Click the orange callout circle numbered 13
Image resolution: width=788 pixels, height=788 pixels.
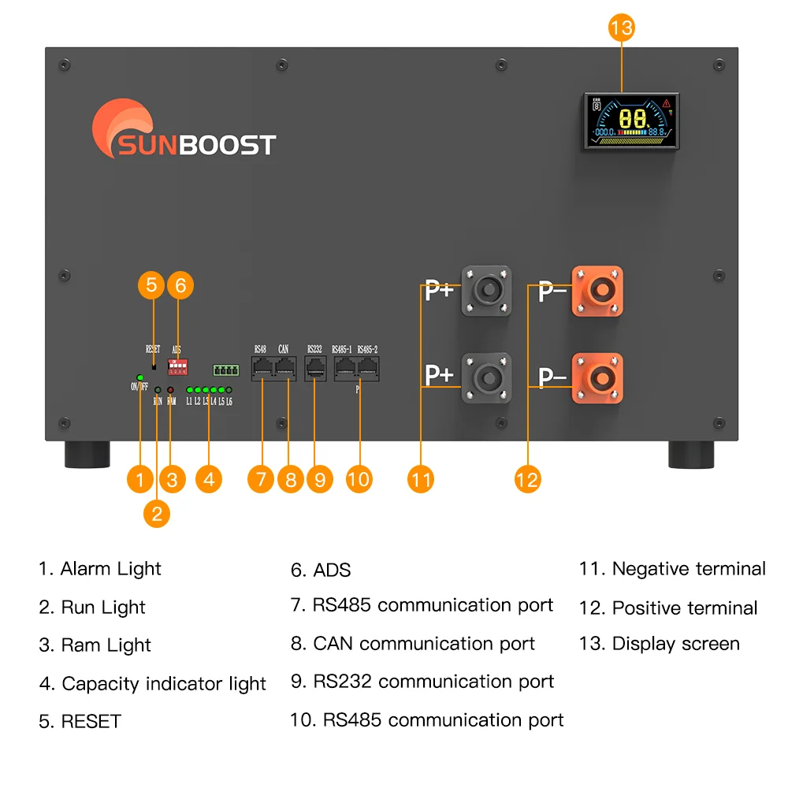coord(621,28)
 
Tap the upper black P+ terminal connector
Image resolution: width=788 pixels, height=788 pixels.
coord(486,292)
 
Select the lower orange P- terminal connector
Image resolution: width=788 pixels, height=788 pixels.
coord(597,378)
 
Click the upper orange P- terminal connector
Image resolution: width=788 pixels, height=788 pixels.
coord(597,292)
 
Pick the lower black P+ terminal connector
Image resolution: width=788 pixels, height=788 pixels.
coord(486,378)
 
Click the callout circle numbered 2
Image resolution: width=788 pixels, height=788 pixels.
coord(157,514)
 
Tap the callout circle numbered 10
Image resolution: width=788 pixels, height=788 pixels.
coord(359,478)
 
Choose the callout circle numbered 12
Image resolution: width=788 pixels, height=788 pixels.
coord(527,478)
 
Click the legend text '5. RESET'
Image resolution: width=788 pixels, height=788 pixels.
coord(80,721)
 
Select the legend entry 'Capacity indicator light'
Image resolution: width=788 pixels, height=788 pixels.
coord(153,683)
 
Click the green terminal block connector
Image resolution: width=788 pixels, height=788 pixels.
coord(226,370)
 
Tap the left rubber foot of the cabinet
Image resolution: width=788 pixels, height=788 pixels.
coord(86,455)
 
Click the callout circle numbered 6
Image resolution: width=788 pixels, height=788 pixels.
coord(180,284)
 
